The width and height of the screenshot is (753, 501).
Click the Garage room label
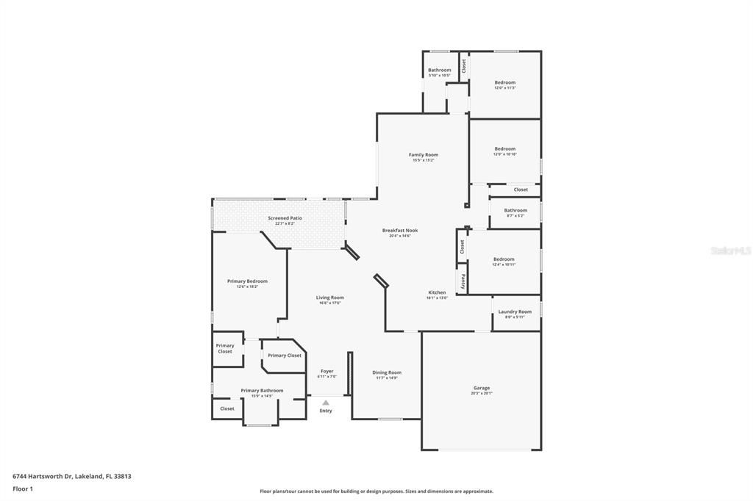pyautogui.click(x=482, y=388)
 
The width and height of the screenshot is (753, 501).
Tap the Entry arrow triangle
pyautogui.click(x=326, y=403)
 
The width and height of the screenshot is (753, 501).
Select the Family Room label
pyautogui.click(x=424, y=154)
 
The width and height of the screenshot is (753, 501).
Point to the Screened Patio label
pyautogui.click(x=285, y=218)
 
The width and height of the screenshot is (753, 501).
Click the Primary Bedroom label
pyautogui.click(x=247, y=281)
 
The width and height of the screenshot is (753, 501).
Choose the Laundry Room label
pyautogui.click(x=515, y=311)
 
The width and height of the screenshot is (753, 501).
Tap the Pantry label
pyautogui.click(x=463, y=281)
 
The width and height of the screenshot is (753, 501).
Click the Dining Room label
pyautogui.click(x=387, y=372)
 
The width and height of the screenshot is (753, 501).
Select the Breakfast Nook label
pyautogui.click(x=400, y=230)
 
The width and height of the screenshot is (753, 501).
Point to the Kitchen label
pyautogui.click(x=437, y=292)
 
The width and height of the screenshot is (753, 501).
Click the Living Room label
pyautogui.click(x=330, y=298)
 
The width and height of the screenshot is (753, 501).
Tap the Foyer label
pyautogui.click(x=326, y=371)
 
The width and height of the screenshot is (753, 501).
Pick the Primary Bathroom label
pyautogui.click(x=262, y=391)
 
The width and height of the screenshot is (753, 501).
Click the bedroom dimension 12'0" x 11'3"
pyautogui.click(x=504, y=88)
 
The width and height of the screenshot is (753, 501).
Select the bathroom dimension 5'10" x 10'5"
pyautogui.click(x=440, y=76)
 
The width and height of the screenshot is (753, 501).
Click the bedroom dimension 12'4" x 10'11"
pyautogui.click(x=504, y=264)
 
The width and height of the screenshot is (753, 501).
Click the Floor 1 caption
pyautogui.click(x=23, y=489)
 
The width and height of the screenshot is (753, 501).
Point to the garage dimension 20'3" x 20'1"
pyautogui.click(x=482, y=394)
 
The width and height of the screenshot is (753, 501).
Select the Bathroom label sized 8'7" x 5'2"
pyautogui.click(x=515, y=211)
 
